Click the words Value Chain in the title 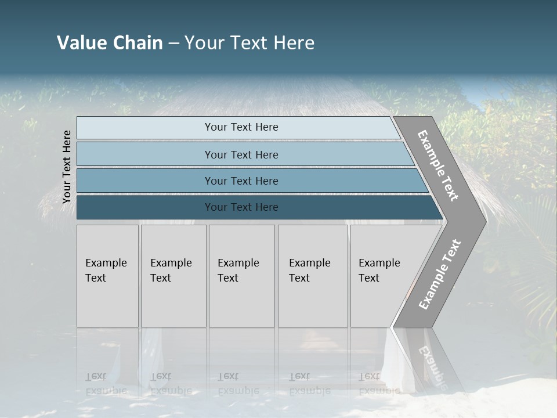110,43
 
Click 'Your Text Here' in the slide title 249,43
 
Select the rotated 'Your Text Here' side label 67,167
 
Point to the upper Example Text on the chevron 438,165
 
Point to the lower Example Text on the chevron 439,275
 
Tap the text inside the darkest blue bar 241,207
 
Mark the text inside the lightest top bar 241,127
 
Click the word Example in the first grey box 106,263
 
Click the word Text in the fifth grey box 369,278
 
